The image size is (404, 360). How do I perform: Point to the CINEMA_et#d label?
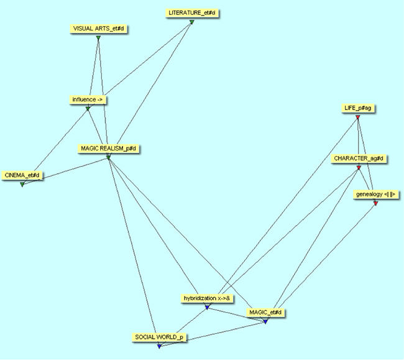22,176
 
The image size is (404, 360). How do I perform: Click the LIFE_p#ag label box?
359,108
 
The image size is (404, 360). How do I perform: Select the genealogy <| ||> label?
375,195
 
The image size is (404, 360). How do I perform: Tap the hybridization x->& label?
208,298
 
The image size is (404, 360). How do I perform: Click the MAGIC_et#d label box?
265,313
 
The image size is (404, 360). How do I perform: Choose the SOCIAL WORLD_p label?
159,338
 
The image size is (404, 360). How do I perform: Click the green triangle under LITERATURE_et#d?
192,22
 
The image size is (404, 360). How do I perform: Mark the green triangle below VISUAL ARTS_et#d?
98,39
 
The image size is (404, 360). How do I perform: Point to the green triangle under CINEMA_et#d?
22,185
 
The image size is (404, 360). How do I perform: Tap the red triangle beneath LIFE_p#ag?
358,117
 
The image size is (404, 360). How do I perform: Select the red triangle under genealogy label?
375,203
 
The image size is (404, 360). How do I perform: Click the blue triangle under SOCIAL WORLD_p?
159,346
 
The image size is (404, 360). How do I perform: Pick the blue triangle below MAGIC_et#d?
265,321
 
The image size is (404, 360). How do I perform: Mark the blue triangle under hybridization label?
207,307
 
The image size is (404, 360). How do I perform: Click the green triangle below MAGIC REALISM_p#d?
108,157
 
